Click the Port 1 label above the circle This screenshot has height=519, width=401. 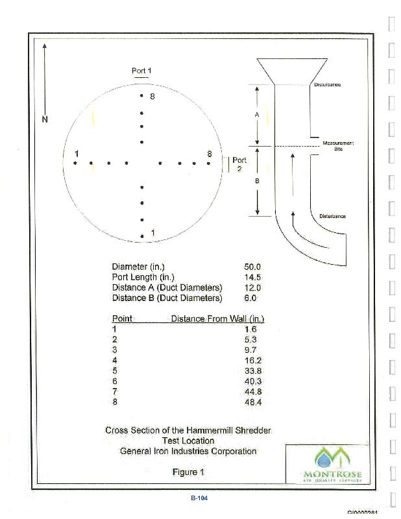(141, 70)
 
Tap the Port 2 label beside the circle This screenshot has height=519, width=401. (239, 163)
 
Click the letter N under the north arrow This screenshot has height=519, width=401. (45, 119)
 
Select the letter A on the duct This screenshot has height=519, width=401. (257, 114)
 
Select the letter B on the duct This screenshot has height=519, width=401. (257, 181)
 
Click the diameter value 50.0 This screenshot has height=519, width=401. (252, 267)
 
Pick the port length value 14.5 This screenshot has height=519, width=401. (252, 277)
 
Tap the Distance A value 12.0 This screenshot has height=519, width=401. (252, 287)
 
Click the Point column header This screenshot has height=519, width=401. (122, 319)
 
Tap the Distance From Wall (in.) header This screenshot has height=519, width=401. (217, 319)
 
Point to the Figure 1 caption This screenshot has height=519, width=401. (188, 472)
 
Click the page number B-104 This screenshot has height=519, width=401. (199, 498)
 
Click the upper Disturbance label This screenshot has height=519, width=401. (327, 85)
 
